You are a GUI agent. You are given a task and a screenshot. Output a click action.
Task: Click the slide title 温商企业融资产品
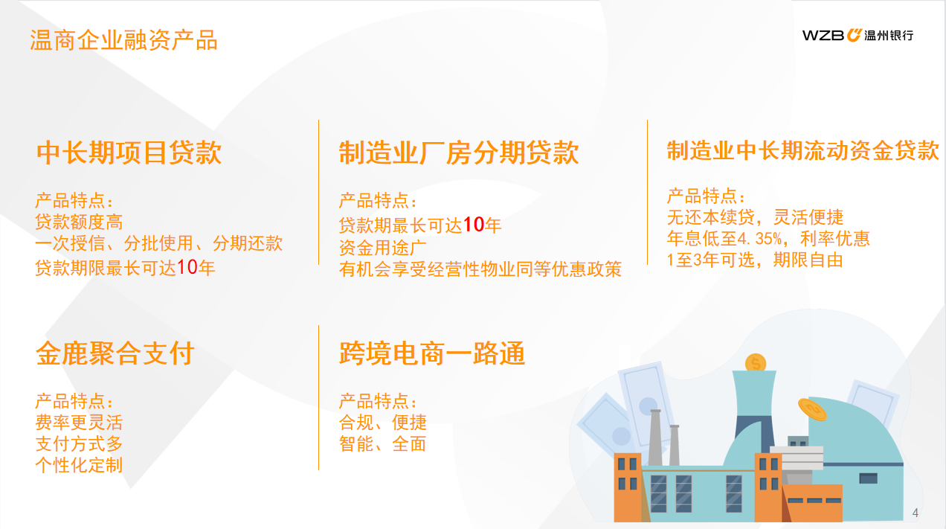click(123, 41)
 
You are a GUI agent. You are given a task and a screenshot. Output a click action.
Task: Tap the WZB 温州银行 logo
click(857, 35)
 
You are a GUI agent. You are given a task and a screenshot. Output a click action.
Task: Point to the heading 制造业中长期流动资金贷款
click(802, 150)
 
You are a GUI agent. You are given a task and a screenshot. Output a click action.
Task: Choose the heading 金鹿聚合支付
click(115, 353)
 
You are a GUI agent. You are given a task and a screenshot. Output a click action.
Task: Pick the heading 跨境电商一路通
click(432, 353)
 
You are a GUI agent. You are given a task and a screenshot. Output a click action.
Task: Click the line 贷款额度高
click(79, 222)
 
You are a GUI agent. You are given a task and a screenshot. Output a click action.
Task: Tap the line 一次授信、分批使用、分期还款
click(159, 243)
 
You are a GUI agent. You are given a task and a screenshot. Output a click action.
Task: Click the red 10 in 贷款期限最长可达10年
click(187, 267)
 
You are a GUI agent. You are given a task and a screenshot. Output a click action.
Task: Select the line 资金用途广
click(382, 248)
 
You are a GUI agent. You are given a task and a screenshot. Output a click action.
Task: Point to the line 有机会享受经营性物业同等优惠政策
click(480, 269)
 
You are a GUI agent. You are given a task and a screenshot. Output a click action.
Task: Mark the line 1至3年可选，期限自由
click(755, 260)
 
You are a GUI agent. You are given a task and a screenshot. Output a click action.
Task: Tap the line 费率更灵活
click(79, 423)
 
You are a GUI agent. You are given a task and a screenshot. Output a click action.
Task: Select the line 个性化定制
click(79, 465)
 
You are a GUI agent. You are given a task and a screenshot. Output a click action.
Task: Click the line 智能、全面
click(382, 444)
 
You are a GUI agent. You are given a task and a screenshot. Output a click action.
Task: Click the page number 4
click(916, 513)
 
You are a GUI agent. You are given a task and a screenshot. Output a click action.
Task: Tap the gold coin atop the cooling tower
click(756, 363)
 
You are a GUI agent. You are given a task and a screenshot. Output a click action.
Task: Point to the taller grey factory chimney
click(655, 437)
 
